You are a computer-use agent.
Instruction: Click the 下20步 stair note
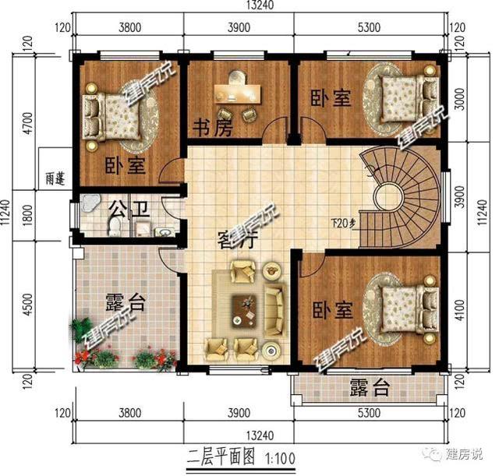click(x=343, y=224)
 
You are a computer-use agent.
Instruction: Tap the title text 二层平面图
click(x=221, y=453)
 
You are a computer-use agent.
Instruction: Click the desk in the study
click(x=239, y=93)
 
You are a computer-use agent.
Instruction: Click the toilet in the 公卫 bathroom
click(x=115, y=225)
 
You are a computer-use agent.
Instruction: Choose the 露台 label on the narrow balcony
click(x=369, y=387)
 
